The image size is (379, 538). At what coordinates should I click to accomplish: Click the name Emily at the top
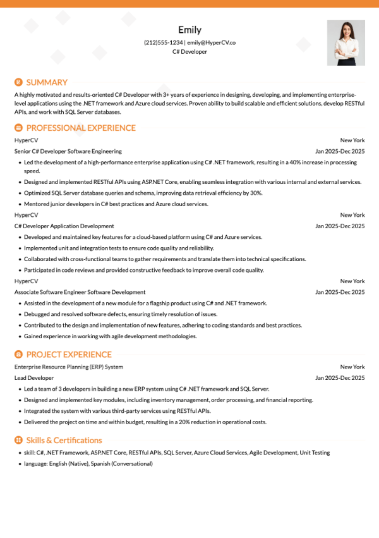point(189,30)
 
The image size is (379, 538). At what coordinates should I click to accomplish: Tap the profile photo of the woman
point(346,43)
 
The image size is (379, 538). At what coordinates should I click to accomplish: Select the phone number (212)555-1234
point(164,42)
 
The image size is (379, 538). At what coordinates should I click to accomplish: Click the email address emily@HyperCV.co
point(211,42)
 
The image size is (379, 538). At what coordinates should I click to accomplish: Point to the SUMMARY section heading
point(47,82)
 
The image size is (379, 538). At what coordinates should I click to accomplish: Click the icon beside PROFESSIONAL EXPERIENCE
point(18,128)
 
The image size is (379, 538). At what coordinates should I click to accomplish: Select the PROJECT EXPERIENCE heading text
point(69,355)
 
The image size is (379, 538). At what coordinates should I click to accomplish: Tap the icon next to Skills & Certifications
point(18,440)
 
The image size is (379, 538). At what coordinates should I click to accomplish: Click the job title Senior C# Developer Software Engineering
point(68,152)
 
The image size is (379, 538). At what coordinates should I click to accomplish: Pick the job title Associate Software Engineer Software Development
point(80,292)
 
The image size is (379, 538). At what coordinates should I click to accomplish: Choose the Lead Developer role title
point(34,378)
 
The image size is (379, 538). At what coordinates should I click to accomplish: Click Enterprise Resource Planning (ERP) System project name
point(69,367)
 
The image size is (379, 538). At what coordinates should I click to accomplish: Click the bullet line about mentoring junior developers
point(116,204)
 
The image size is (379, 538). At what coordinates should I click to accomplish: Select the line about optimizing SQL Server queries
point(143,193)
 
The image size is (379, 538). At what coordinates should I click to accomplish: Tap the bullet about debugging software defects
point(121,314)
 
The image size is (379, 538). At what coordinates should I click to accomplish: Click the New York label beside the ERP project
point(352,367)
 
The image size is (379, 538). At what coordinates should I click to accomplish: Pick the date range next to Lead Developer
point(340,378)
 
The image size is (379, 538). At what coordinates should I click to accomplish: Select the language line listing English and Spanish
point(88,463)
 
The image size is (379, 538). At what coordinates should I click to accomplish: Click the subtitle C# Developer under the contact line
point(189,52)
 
